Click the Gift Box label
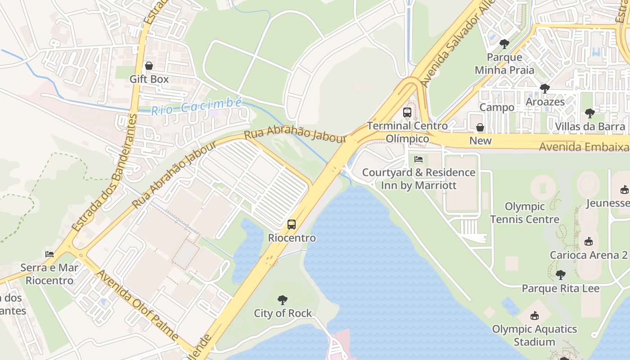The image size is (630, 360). tap(149, 79)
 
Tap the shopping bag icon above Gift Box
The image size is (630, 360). tap(149, 66)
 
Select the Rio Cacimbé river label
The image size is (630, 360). tap(196, 106)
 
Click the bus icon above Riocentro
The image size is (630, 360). tap(292, 224)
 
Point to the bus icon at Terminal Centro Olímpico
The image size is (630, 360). tap(407, 112)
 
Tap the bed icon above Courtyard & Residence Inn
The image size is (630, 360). tap(418, 159)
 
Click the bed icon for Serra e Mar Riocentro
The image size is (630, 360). tap(49, 254)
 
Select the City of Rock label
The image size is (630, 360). tap(283, 313)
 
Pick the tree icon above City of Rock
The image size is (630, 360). tap(283, 300)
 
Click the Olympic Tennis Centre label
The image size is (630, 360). tap(525, 213)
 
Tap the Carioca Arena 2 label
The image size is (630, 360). tap(589, 255)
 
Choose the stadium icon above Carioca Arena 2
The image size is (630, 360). tap(589, 242)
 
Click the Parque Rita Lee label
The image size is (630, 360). tap(560, 288)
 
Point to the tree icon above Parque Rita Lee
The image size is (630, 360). tap(560, 274)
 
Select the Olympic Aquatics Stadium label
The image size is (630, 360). tap(535, 335)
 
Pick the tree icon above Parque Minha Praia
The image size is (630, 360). tap(504, 44)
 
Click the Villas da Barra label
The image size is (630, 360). tap(590, 126)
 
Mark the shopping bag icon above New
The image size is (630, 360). tap(480, 127)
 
